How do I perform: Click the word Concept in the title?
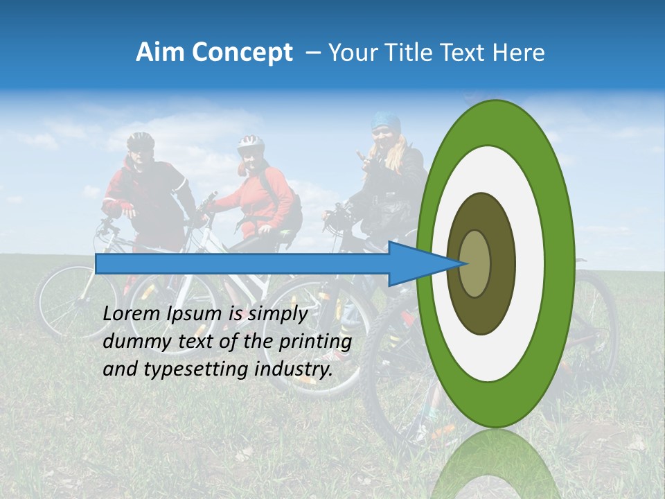click(241, 53)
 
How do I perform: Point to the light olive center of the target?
click(475, 264)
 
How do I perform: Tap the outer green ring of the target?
click(562, 264)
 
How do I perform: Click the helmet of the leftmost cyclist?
click(140, 141)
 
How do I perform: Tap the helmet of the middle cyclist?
click(250, 144)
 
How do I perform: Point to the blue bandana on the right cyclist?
click(385, 122)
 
